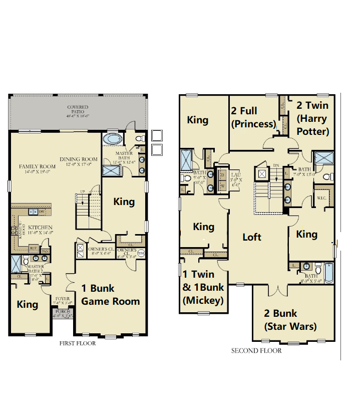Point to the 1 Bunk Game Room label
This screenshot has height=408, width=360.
coord(110,295)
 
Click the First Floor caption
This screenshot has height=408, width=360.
coord(77,344)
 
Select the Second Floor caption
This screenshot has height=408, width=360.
coord(256,351)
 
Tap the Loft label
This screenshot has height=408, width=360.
coord(252,237)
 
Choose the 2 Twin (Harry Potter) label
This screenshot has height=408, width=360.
coord(312,118)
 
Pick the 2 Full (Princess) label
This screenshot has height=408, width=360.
coord(253,117)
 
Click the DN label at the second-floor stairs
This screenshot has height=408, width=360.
coord(276,165)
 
